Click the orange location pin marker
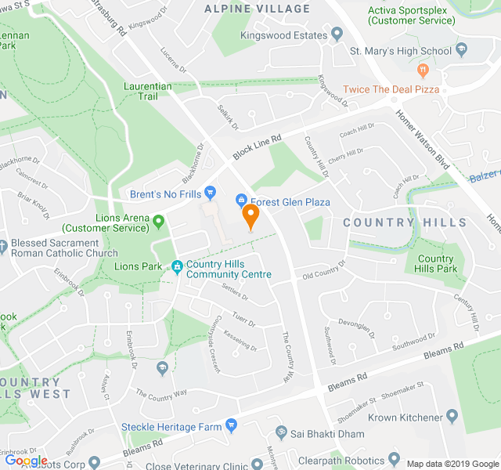tap(250, 215)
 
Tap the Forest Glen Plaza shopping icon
tap(242, 201)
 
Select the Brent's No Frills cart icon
tap(209, 193)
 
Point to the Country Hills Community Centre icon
tap(178, 267)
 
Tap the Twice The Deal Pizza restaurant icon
tap(424, 70)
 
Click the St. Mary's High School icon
tap(462, 51)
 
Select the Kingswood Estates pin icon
tap(337, 34)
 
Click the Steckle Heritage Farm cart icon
tap(230, 425)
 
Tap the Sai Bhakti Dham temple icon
tap(280, 433)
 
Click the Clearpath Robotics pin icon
tap(394, 459)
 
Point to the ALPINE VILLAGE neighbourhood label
tap(257, 9)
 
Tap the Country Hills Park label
tap(435, 264)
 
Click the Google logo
tap(25, 460)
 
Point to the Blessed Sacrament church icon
tap(5, 244)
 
